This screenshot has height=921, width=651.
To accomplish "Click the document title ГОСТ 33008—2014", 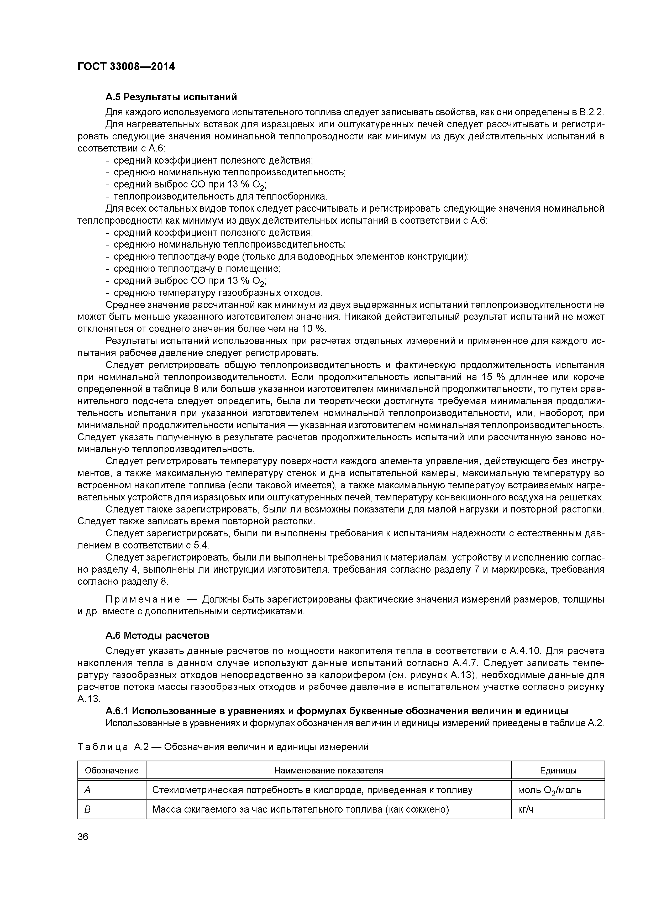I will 126,67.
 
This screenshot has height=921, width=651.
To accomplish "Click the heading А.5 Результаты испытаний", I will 171,97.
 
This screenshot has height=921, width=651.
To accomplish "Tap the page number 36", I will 83,837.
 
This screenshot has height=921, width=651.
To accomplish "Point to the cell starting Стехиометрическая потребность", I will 312,790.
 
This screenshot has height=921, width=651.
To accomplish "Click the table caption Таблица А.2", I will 223,747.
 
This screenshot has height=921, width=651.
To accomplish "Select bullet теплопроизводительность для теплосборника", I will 220,197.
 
